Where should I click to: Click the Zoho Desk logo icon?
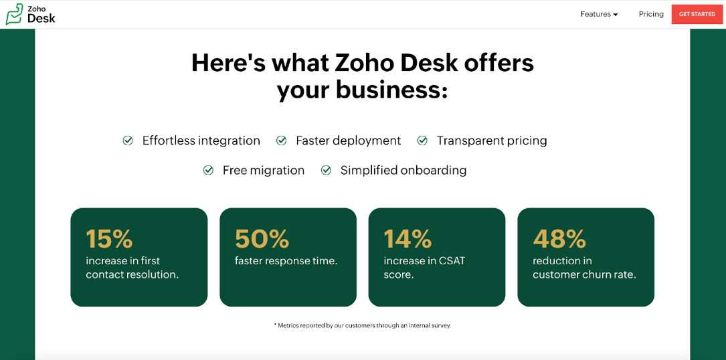[14, 14]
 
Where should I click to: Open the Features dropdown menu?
[599, 14]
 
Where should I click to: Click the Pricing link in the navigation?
[651, 14]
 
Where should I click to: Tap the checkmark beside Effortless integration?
[128, 141]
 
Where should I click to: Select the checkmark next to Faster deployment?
[282, 141]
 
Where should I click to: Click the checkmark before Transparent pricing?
[422, 141]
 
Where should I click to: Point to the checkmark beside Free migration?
[208, 171]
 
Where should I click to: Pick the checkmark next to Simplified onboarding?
[326, 171]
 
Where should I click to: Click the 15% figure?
[109, 239]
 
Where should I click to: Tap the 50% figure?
[262, 239]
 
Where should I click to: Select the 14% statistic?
[407, 239]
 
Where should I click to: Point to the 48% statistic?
[559, 239]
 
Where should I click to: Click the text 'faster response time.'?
[286, 262]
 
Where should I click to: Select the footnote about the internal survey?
[363, 325]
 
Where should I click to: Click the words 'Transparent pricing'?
[492, 141]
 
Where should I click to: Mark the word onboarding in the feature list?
[434, 171]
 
